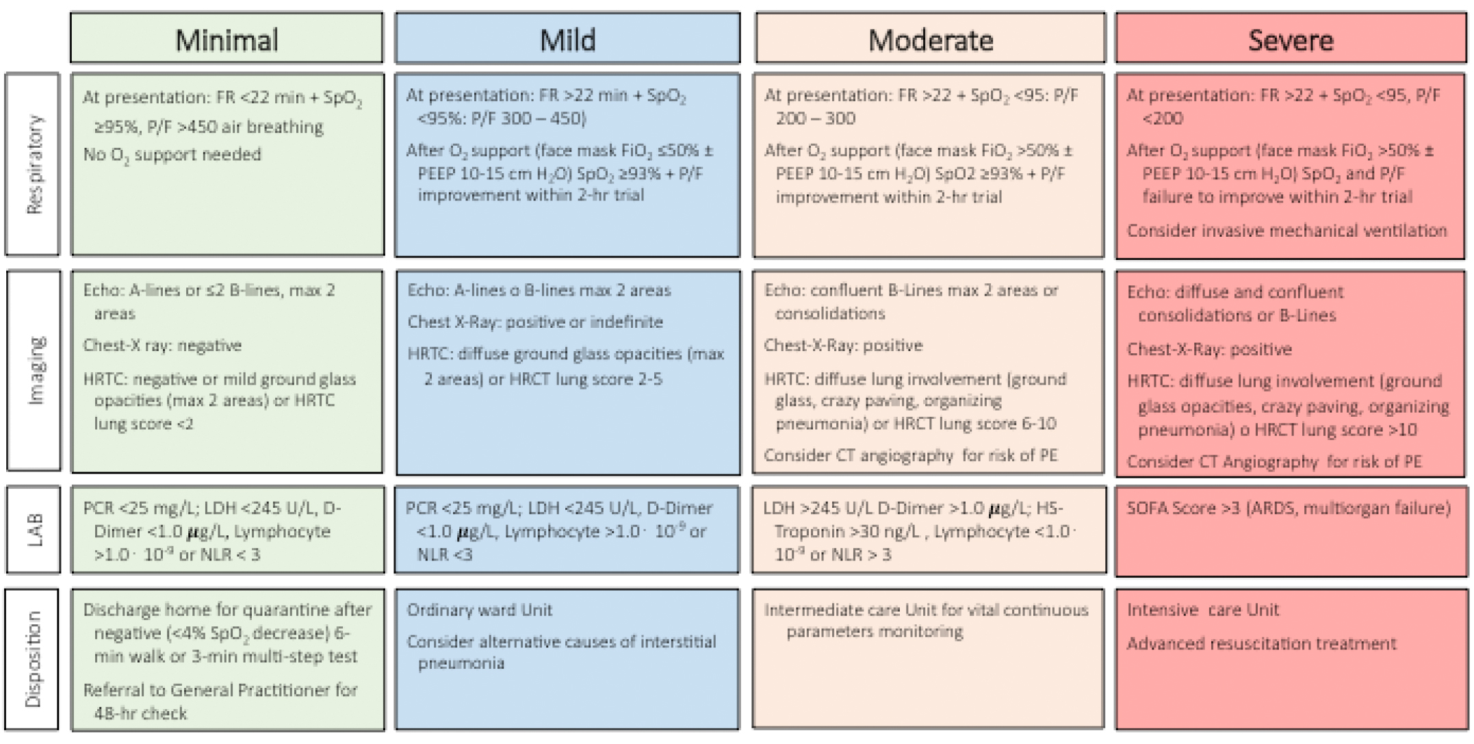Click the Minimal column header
coord(227,40)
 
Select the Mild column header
coord(567,40)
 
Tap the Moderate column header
coord(930,40)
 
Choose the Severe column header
coord(1290,40)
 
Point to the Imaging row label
coord(34,370)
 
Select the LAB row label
coord(34,530)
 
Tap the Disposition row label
coord(32,659)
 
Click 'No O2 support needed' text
coord(172,155)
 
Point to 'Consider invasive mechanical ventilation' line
coord(1286,231)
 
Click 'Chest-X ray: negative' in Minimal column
coord(162,346)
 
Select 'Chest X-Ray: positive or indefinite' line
coord(535,322)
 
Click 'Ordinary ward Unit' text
coord(479,610)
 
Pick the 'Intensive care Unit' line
coord(1202,610)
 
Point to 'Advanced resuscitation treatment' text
coord(1261,643)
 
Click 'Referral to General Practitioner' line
coord(220,690)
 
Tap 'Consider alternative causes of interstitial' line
coord(561,642)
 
